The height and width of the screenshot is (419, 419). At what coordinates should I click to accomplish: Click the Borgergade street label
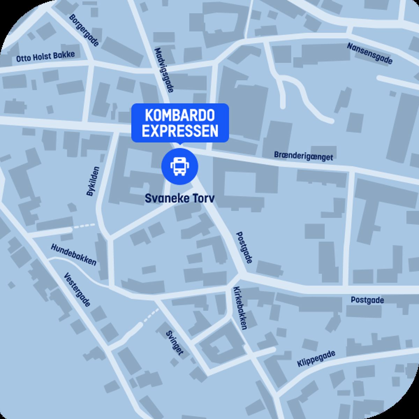84,30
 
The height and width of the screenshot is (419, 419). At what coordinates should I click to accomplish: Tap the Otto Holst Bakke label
45,57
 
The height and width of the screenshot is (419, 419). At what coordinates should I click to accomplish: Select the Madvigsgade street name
164,70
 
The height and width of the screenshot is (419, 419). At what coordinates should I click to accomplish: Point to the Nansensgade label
370,53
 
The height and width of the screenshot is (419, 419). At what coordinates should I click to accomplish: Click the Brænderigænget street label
303,156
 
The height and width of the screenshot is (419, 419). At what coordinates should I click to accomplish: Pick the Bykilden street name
93,181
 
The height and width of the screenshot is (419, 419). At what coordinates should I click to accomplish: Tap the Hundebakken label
74,255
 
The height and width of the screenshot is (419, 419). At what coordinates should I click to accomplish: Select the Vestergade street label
78,290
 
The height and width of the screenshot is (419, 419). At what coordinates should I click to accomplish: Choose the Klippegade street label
316,359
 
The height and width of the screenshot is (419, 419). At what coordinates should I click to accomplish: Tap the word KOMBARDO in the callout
180,116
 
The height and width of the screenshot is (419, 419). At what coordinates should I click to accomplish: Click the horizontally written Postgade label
367,300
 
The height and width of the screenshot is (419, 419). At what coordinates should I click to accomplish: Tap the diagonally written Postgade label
244,247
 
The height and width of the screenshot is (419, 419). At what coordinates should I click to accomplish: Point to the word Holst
43,57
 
